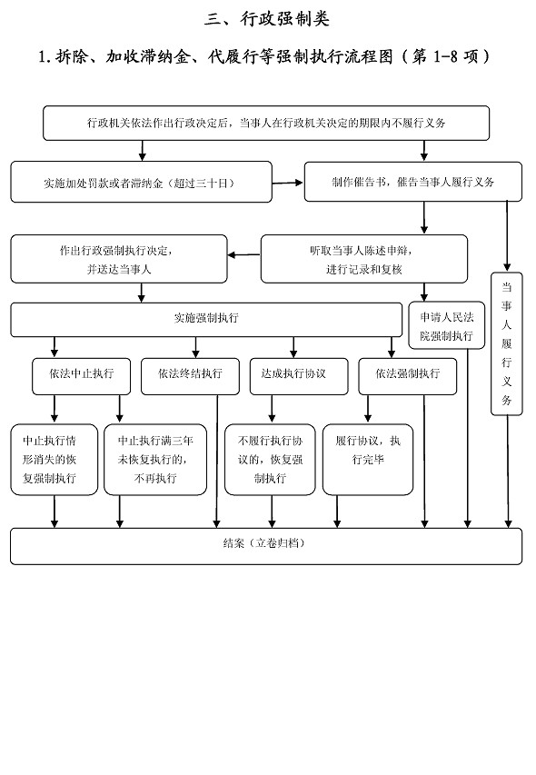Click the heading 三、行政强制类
pos(267,19)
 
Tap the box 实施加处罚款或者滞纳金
pos(142,182)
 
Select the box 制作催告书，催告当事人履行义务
pos(413,182)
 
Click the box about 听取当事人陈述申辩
pos(364,259)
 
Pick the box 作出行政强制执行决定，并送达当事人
pos(119,259)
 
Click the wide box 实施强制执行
pos(206,320)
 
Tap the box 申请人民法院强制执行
pos(447,325)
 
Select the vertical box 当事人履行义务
pos(506,343)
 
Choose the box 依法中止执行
pos(82,377)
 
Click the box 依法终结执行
pos(190,377)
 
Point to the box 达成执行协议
pos(299,377)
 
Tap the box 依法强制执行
pos(408,377)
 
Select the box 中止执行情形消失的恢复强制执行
pos(55,460)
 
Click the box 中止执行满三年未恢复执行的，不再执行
pos(155,460)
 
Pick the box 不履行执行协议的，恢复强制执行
pos(270,460)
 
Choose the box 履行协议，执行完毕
pos(368,460)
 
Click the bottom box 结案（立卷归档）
pos(266,546)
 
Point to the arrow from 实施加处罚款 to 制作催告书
pos(287,183)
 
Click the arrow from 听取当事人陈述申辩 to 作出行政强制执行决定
pos(244,255)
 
